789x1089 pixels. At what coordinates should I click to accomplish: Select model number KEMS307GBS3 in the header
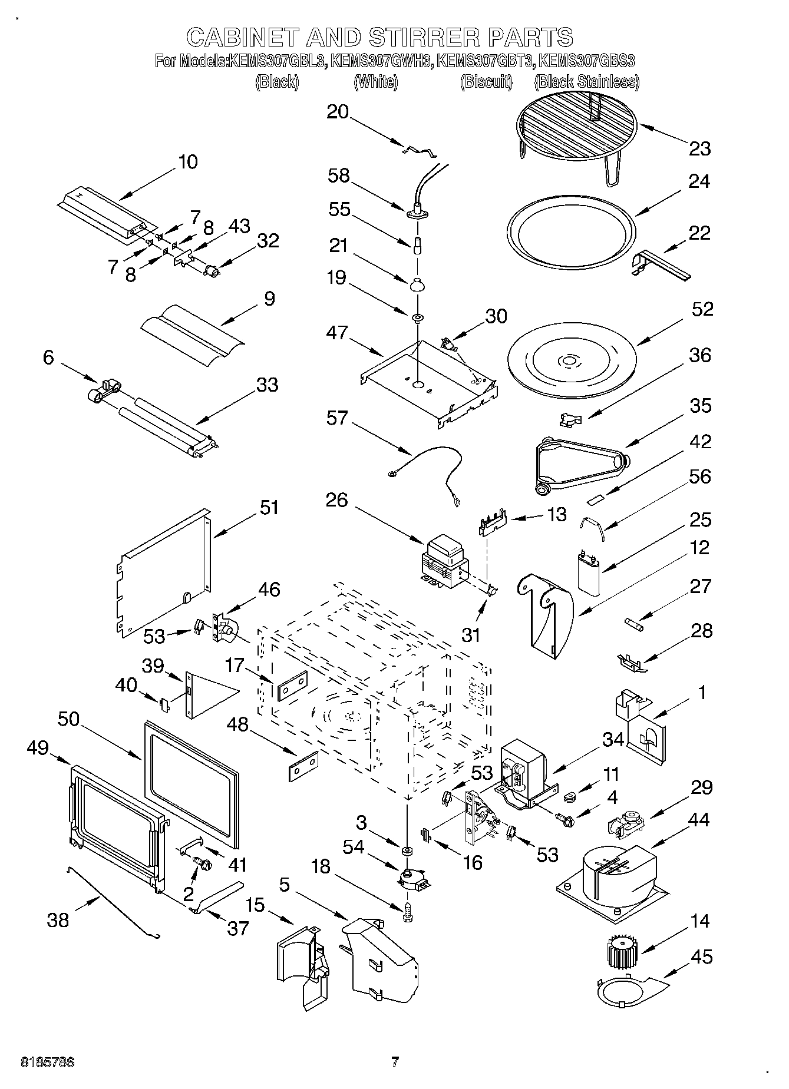point(586,61)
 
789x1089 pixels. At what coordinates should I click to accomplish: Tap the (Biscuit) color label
point(486,82)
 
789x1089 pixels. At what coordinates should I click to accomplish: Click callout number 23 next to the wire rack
point(699,148)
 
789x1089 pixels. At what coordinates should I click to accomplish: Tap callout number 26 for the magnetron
point(337,500)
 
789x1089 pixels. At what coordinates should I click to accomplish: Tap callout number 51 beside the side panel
point(269,507)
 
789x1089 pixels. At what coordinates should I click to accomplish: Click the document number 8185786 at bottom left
point(47,1063)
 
